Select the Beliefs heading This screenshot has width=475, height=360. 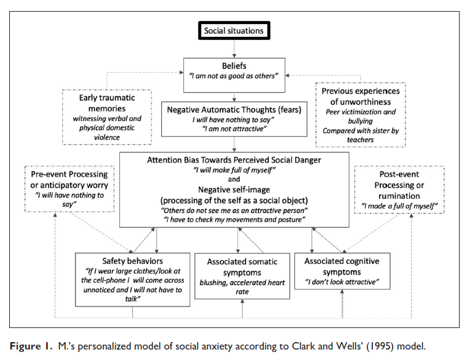(x=234, y=66)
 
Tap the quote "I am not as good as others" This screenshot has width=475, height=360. (x=234, y=76)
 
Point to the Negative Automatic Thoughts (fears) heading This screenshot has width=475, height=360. (x=234, y=110)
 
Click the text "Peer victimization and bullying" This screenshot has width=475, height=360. (x=361, y=116)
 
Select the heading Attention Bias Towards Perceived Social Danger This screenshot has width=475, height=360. (x=234, y=160)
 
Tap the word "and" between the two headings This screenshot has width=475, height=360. (x=234, y=179)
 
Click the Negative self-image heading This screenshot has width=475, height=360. (x=234, y=190)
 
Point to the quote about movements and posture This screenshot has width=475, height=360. (x=234, y=220)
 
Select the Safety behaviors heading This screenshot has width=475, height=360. (x=132, y=261)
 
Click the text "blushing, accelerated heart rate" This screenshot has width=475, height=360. (x=242, y=287)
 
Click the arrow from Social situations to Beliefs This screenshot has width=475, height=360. (x=234, y=49)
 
